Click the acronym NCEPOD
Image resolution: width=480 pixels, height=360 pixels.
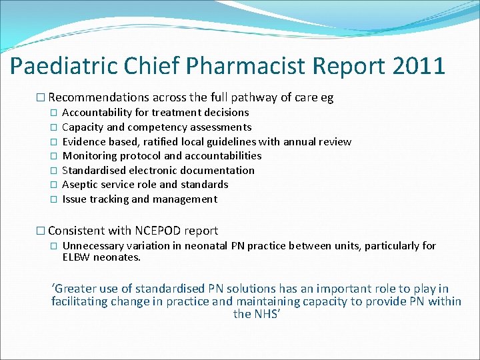pyautogui.click(x=159, y=231)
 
